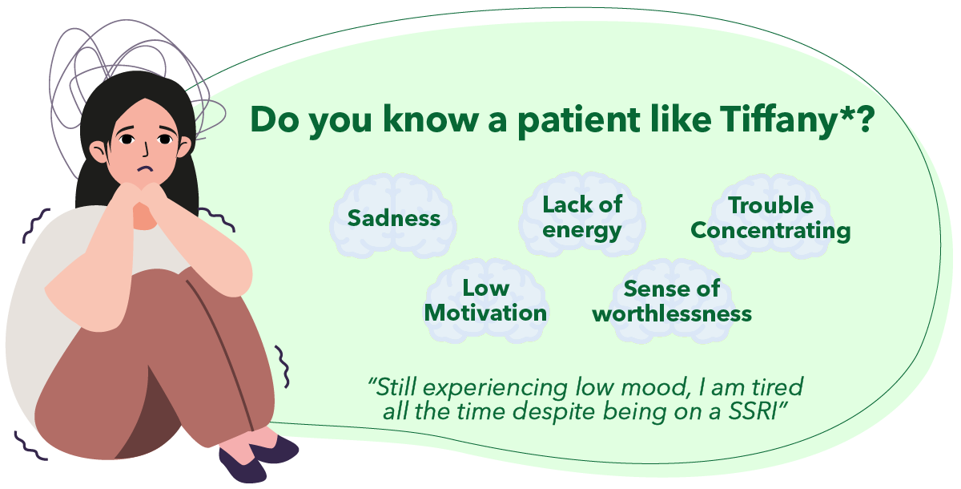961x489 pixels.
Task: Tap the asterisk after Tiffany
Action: pos(845,112)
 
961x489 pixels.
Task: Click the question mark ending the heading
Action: pos(863,119)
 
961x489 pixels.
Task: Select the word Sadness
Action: pos(394,218)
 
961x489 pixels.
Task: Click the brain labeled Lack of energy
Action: pos(582,215)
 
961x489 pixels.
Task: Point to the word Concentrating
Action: pos(770,232)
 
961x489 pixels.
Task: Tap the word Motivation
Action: pos(485,313)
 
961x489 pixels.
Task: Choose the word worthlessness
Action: pos(672,313)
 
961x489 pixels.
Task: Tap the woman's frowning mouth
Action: pos(146,168)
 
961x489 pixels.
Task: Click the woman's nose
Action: pos(146,150)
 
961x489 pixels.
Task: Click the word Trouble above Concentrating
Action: pos(771,205)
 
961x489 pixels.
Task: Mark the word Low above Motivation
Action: pos(486,288)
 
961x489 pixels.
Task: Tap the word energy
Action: pos(581,231)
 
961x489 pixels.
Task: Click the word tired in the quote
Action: pos(778,386)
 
